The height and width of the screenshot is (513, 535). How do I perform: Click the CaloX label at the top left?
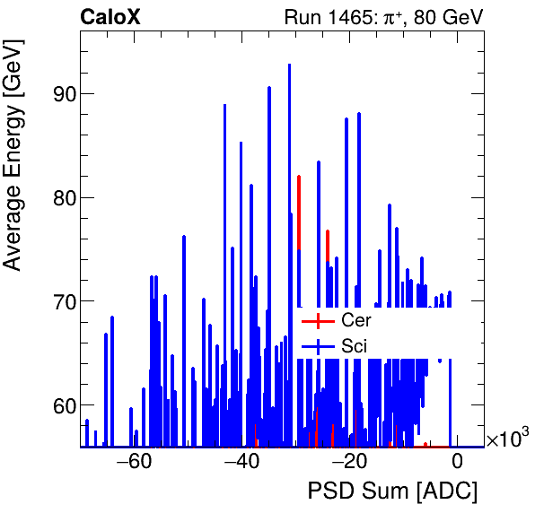(x=110, y=16)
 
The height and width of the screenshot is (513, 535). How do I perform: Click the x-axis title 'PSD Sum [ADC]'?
(x=392, y=491)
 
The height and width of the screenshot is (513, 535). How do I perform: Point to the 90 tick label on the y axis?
(x=58, y=93)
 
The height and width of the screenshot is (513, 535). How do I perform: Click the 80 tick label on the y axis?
(x=58, y=197)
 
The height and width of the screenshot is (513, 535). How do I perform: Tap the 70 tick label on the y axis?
(x=58, y=301)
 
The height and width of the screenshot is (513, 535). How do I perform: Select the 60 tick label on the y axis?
(x=58, y=405)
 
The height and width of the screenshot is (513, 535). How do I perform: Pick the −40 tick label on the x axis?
(x=241, y=463)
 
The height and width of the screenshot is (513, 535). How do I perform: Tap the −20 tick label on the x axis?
(x=349, y=463)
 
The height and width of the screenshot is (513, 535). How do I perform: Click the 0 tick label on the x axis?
(x=457, y=463)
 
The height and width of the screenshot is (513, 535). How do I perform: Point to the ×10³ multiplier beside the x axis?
(x=507, y=439)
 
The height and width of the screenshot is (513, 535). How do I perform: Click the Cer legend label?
(x=355, y=320)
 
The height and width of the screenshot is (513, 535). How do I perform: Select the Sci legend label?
(x=354, y=345)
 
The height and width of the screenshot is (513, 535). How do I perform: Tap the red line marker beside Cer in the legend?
(x=318, y=320)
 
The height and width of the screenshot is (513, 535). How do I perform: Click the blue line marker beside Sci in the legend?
(x=318, y=345)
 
